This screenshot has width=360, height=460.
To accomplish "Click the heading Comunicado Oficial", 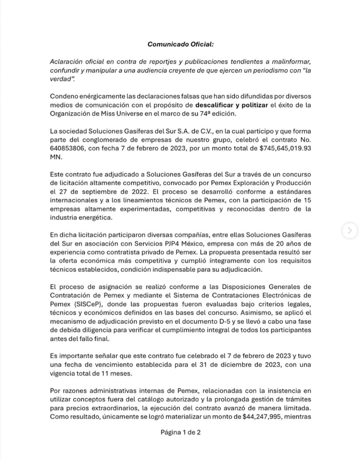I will (180, 44).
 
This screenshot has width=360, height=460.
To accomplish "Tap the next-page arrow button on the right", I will (349, 230).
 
